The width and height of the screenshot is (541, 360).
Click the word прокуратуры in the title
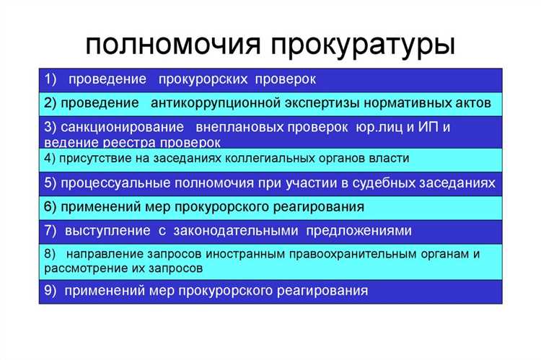point(364,45)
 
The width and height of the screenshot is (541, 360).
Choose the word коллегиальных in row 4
point(270,158)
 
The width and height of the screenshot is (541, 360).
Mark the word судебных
point(395,183)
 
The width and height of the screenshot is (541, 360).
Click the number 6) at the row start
point(50,207)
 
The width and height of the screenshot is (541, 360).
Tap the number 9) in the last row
point(50,291)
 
